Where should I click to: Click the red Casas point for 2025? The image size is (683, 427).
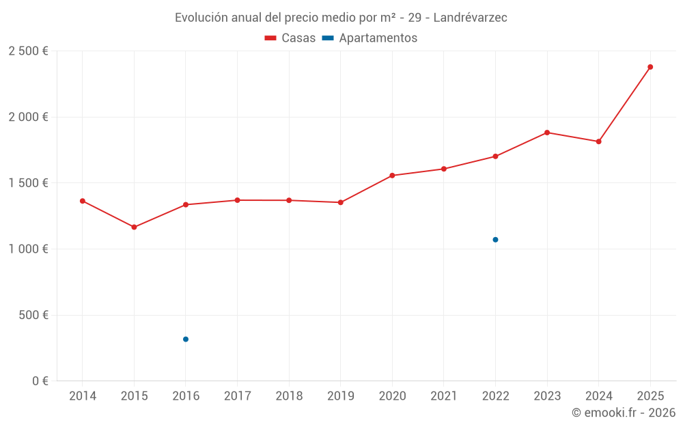coord(650,67)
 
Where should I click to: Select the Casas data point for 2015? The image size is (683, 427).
coord(134,227)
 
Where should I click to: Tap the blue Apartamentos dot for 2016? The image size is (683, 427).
coord(186,339)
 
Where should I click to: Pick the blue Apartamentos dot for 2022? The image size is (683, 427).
coord(495,240)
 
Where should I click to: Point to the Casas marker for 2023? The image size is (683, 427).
coord(547,133)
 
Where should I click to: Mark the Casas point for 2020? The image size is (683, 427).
coord(392,176)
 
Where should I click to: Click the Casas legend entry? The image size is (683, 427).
coord(290,38)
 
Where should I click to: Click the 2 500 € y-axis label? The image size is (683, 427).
coord(28,51)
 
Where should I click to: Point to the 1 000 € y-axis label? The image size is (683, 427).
coord(28,249)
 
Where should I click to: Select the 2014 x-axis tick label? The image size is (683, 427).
coord(83,396)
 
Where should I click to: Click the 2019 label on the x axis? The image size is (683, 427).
coord(341,396)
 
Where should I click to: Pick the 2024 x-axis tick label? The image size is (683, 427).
coord(598,396)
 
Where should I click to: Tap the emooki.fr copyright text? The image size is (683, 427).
coord(623,413)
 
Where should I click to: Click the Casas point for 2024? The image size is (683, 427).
coord(598,141)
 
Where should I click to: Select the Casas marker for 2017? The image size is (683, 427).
coord(237,200)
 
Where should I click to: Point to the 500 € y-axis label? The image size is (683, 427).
coord(32,315)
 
